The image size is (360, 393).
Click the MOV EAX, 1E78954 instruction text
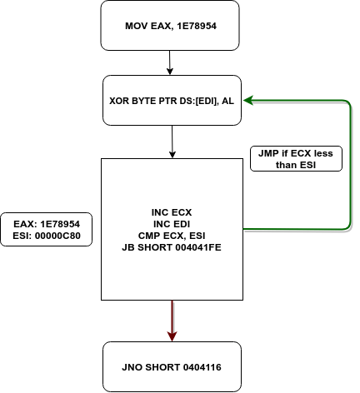coord(171,26)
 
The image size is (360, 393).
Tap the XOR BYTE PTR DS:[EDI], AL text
coord(172,101)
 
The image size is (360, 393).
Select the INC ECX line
coord(172,212)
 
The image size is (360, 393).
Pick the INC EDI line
coord(172,224)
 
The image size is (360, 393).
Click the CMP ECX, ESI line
coord(172,236)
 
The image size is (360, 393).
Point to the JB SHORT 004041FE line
coord(172,247)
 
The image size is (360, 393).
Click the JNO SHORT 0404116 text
coord(172,367)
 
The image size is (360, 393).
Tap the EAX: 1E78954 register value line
coord(47,224)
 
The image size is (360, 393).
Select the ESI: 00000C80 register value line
coord(47,236)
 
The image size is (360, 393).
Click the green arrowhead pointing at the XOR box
coord(247,100)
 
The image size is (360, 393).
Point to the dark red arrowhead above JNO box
coord(172,336)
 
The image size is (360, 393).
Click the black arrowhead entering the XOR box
coord(170,71)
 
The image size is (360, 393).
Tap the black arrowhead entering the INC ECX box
coord(172,155)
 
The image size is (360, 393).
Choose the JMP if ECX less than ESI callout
coord(296,159)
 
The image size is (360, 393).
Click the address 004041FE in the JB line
coord(198,247)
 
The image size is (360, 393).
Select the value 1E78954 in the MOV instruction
coord(197,26)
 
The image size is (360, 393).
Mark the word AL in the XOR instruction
coord(227,101)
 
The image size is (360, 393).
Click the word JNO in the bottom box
coord(132,367)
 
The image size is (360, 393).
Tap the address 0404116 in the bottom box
coord(202,367)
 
